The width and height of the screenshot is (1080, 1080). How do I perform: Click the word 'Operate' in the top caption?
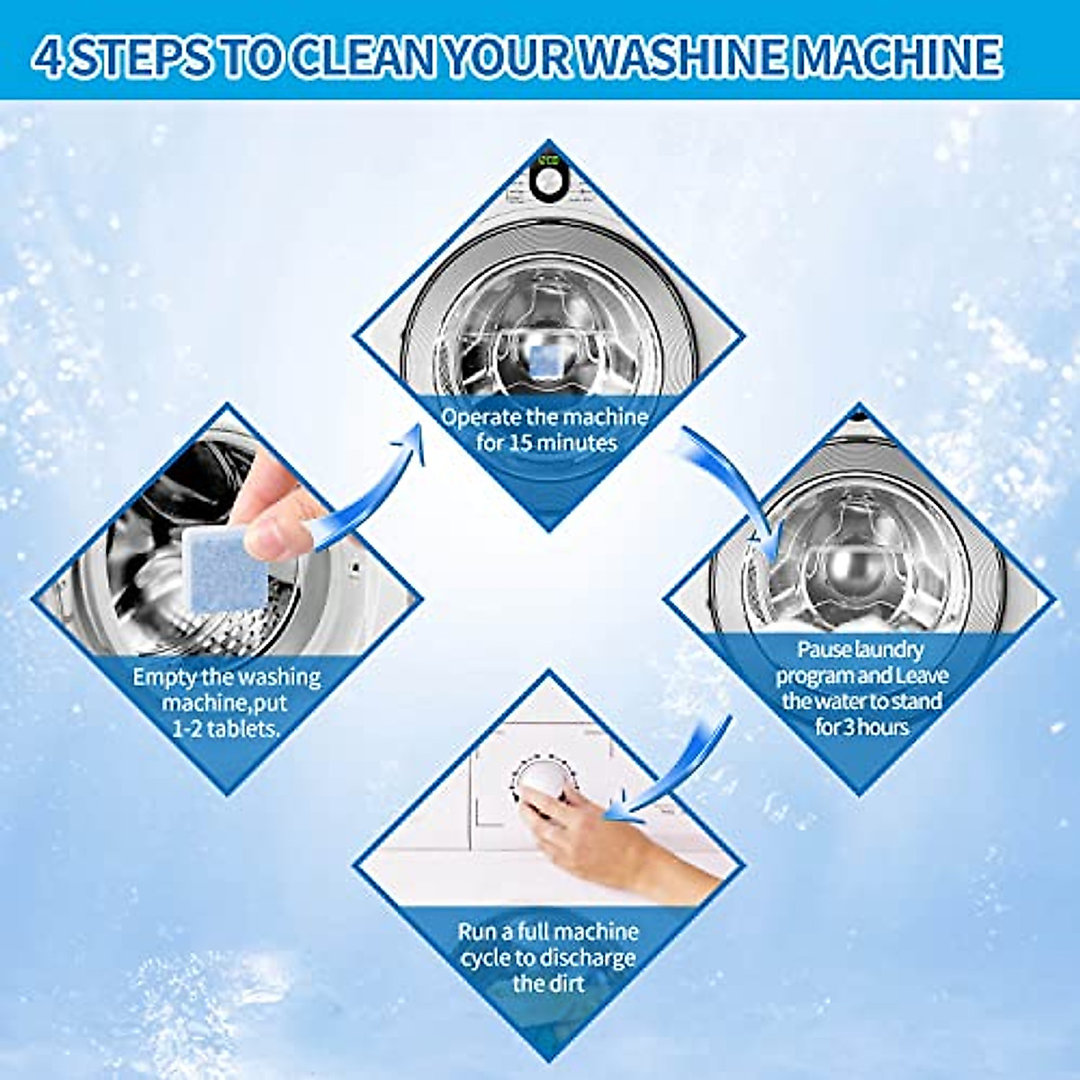tap(481, 417)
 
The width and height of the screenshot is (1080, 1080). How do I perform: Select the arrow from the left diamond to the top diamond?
tap(378, 486)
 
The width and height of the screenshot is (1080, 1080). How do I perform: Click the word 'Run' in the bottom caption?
tap(477, 932)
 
